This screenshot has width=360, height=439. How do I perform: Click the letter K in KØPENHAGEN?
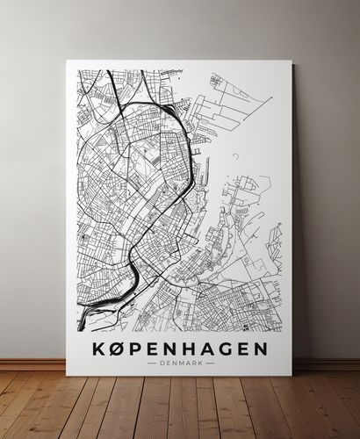pyautogui.click(x=98, y=349)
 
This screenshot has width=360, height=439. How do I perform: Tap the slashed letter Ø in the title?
pyautogui.click(x=119, y=349)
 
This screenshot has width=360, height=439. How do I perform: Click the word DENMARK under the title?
pyautogui.click(x=180, y=363)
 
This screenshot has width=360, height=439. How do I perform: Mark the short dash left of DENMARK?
pyautogui.click(x=153, y=363)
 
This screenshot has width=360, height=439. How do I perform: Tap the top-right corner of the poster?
pyautogui.click(x=292, y=61)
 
